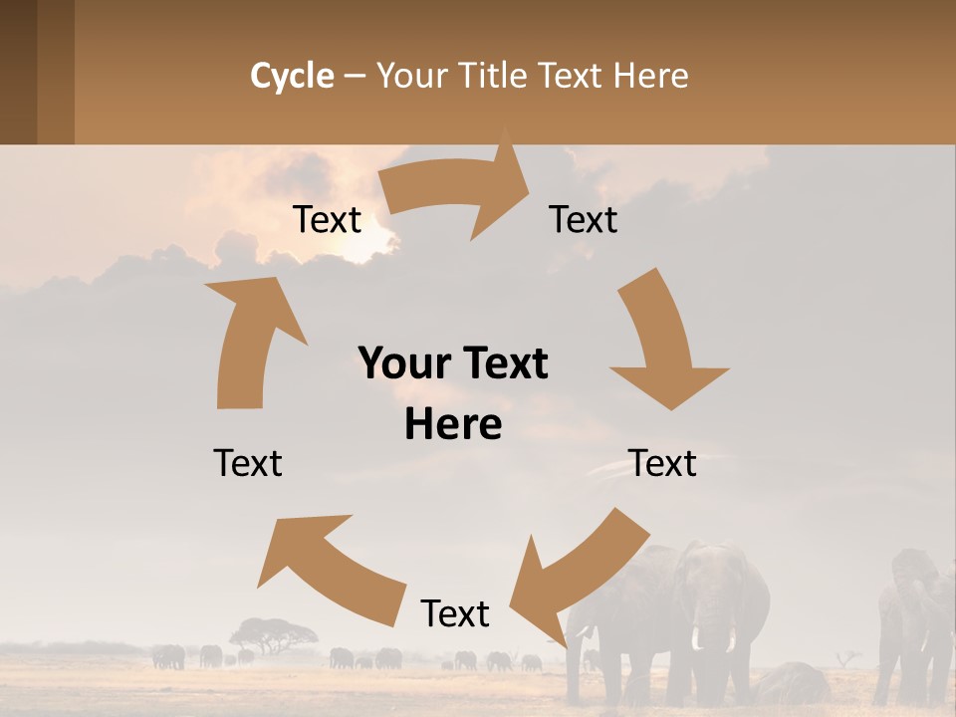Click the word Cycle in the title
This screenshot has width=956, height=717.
[x=292, y=76]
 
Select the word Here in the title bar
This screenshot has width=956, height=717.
[x=650, y=76]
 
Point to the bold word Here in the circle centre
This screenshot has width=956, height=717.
[x=453, y=425]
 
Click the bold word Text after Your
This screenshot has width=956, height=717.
[x=500, y=363]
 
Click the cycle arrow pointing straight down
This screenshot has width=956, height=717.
[x=663, y=349]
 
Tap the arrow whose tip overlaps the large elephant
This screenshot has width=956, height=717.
[x=568, y=578]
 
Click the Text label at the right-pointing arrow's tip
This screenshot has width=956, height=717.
[x=584, y=219]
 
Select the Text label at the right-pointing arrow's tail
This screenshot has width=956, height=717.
[x=327, y=219]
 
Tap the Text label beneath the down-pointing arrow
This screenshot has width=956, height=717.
[x=662, y=463]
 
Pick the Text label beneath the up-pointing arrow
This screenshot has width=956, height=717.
[x=248, y=463]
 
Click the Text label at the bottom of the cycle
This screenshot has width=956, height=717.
[x=455, y=613]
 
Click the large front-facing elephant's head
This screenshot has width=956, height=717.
[x=709, y=588]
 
